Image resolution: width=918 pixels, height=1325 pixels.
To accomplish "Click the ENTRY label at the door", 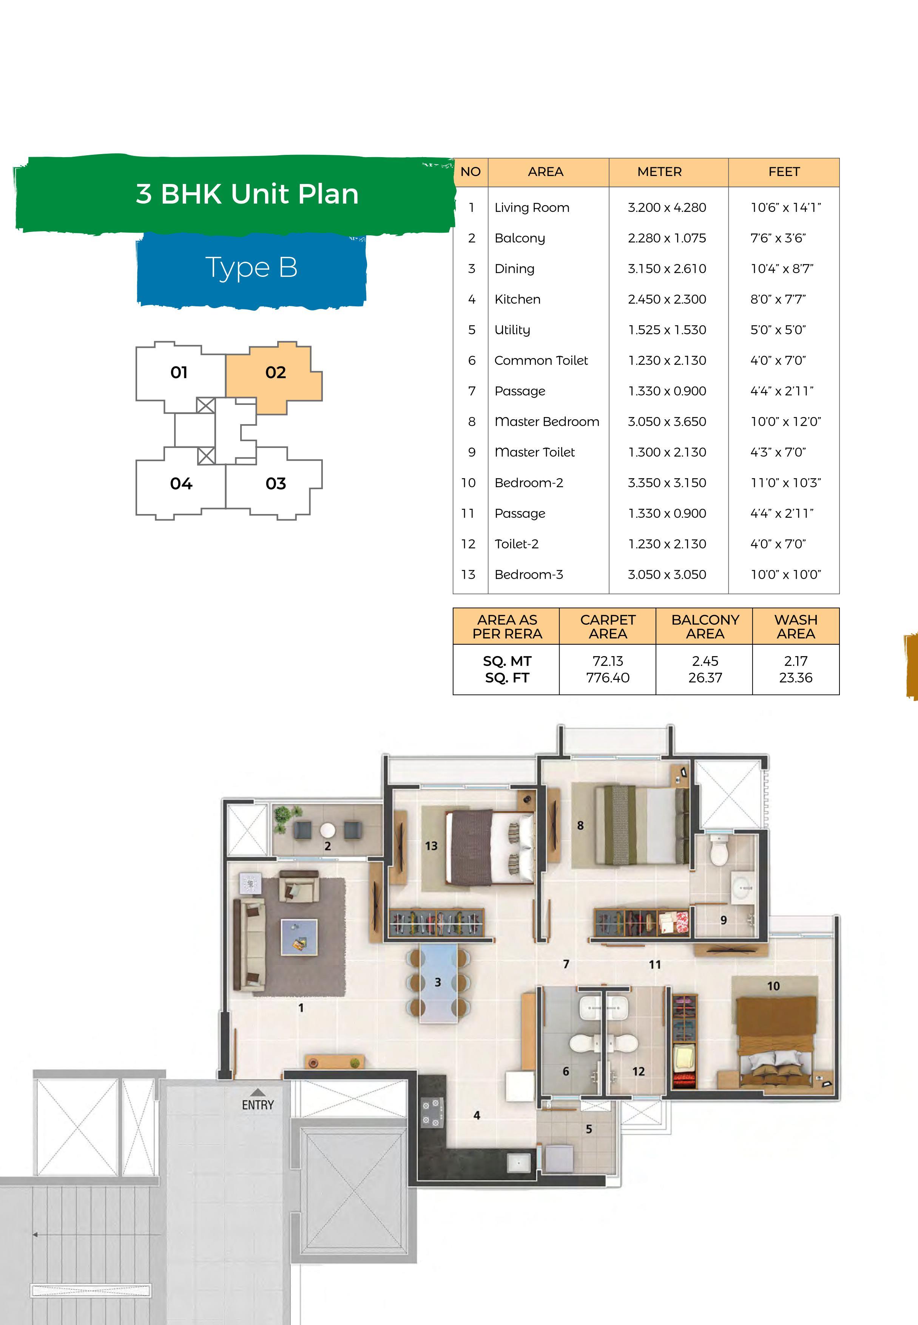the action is [x=258, y=1105].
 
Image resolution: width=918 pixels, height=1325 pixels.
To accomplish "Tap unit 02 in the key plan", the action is [x=276, y=373].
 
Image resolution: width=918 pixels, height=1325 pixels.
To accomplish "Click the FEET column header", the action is [x=784, y=171].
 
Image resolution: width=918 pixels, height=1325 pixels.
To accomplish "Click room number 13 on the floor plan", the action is [x=431, y=846].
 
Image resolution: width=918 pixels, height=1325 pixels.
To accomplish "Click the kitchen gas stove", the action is [x=431, y=1112].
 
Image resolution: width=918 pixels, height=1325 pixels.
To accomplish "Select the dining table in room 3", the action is [x=438, y=982].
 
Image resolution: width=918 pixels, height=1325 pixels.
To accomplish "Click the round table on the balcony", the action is [x=327, y=830].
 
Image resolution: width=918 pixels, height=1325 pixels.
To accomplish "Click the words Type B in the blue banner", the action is [x=251, y=267].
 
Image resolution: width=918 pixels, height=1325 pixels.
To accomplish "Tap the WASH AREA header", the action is [x=796, y=627].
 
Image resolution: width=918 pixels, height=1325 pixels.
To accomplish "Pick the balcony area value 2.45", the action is [x=705, y=661].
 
